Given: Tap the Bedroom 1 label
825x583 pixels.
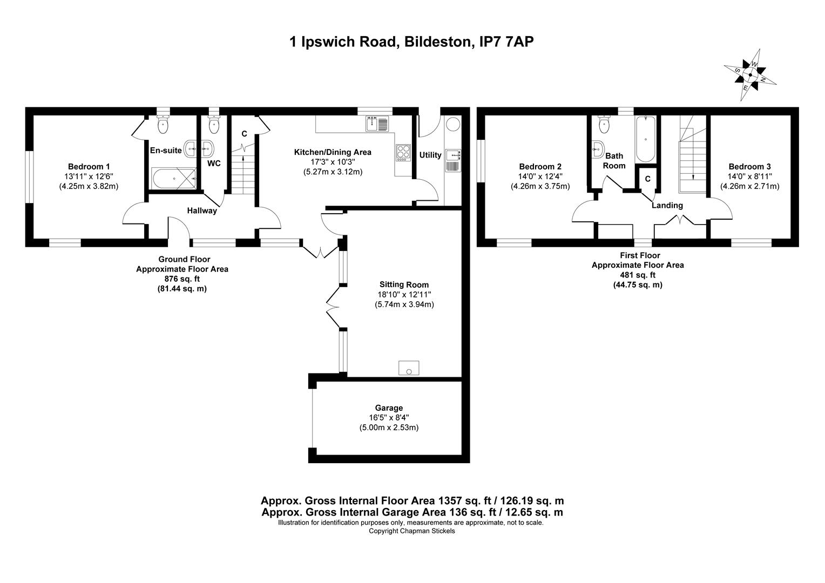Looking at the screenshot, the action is pyautogui.click(x=89, y=166).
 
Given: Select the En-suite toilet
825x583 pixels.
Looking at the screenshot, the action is pyautogui.click(x=163, y=124).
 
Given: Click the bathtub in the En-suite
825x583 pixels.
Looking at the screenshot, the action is pyautogui.click(x=174, y=179).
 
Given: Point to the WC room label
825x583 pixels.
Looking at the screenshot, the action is pyautogui.click(x=214, y=163).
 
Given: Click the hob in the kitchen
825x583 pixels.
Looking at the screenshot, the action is pyautogui.click(x=403, y=152).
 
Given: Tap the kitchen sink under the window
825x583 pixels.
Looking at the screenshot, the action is pyautogui.click(x=377, y=124).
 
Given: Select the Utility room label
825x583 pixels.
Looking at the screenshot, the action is pyautogui.click(x=430, y=155).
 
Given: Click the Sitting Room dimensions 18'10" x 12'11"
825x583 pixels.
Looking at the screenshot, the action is pyautogui.click(x=404, y=294).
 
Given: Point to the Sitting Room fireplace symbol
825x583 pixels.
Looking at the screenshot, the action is pyautogui.click(x=408, y=368).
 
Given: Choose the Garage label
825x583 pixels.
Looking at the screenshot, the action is pyautogui.click(x=389, y=408).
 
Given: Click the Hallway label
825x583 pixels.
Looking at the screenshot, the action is pyautogui.click(x=202, y=211).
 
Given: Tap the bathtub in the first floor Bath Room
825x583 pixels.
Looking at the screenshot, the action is pyautogui.click(x=646, y=139).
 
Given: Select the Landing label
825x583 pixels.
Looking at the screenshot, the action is pyautogui.click(x=667, y=206).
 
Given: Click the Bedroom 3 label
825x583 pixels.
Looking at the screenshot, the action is pyautogui.click(x=749, y=166).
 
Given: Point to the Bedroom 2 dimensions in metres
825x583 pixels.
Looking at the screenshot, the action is pyautogui.click(x=540, y=186).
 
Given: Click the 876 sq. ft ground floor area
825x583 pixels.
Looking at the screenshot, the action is pyautogui.click(x=182, y=279).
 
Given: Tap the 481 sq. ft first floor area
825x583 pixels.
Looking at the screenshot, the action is pyautogui.click(x=638, y=275).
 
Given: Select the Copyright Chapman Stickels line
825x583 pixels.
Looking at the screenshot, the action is pyautogui.click(x=412, y=531).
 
